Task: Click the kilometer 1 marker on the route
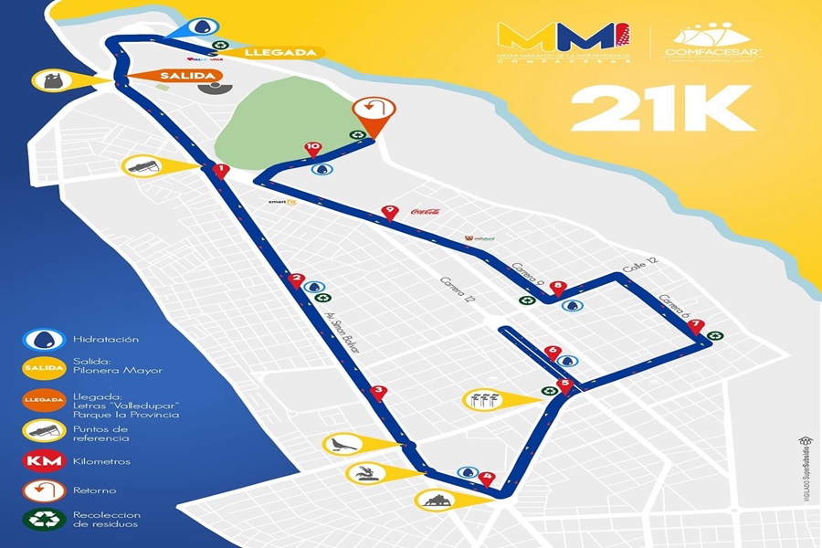[x=219, y=170]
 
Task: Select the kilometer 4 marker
[x=487, y=478]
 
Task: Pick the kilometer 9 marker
[x=390, y=212]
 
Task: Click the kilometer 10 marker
[x=313, y=147]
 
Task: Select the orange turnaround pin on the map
[x=374, y=112]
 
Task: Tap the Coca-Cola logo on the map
[x=427, y=211]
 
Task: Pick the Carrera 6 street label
[x=673, y=307]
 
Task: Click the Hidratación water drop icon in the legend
[x=44, y=339]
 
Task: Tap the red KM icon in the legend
[x=44, y=460]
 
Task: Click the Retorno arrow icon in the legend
[x=44, y=491]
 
